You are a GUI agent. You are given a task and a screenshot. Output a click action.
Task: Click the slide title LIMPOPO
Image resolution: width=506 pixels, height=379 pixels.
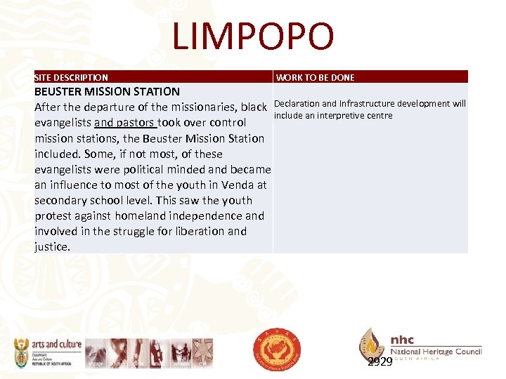pyautogui.click(x=253, y=36)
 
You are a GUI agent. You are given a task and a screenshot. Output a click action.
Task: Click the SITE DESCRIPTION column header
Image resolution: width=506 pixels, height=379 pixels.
pyautogui.click(x=71, y=78)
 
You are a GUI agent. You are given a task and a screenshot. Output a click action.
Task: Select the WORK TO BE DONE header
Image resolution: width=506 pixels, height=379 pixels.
pyautogui.click(x=316, y=78)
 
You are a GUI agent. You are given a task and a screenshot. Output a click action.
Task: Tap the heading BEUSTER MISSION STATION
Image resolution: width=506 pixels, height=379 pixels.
pyautogui.click(x=107, y=91)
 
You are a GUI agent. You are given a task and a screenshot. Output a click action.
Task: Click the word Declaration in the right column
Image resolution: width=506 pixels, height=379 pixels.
pyautogui.click(x=297, y=104)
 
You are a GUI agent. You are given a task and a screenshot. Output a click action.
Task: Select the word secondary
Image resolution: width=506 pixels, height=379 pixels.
pyautogui.click(x=63, y=200)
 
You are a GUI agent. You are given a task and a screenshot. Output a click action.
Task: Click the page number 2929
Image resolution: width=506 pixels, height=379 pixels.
pyautogui.click(x=379, y=362)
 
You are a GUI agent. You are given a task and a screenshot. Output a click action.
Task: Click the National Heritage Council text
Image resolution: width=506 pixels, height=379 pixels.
pyautogui.click(x=436, y=351)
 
